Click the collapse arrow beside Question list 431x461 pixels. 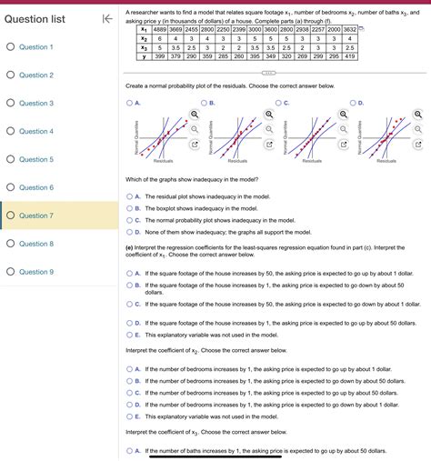(x=106, y=18)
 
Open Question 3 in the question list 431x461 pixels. (x=36, y=103)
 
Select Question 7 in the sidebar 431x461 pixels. (x=36, y=215)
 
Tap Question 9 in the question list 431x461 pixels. (x=36, y=272)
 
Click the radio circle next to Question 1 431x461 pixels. (x=8, y=46)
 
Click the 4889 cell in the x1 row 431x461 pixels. (x=161, y=30)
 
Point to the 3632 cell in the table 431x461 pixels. (x=349, y=30)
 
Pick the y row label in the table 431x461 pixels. (x=144, y=55)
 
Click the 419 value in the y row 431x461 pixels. (x=349, y=55)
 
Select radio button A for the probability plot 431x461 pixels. (x=129, y=103)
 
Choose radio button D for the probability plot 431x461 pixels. (x=353, y=103)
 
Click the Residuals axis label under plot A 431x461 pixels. (x=164, y=161)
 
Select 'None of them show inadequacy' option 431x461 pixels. (x=129, y=232)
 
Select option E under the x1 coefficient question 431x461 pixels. (x=129, y=334)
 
